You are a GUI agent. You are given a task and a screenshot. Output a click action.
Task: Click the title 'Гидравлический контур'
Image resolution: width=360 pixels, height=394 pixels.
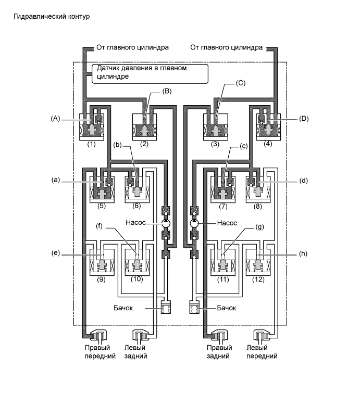[x=52, y=17]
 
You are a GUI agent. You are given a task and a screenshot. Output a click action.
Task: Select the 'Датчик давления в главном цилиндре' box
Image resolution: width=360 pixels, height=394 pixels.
[x=150, y=72]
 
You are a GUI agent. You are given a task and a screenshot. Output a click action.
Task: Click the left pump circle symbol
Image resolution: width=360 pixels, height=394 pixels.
[x=166, y=223]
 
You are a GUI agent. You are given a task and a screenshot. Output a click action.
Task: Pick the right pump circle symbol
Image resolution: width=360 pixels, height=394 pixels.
[x=194, y=223]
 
